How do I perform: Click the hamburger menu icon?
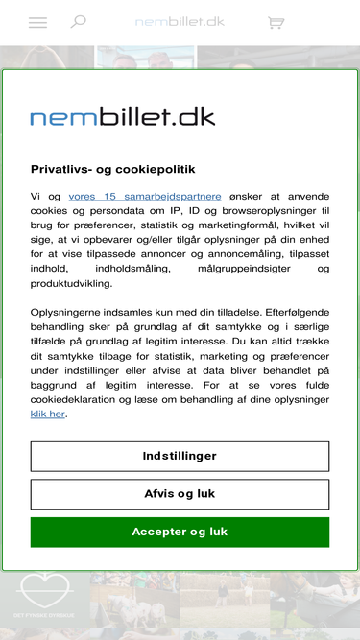[x=37, y=22]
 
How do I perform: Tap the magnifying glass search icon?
[x=78, y=21]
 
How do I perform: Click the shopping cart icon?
[x=276, y=22]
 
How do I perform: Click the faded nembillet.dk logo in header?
[x=180, y=21]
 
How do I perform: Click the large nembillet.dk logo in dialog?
[x=123, y=117]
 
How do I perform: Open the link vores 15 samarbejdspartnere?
[x=144, y=196]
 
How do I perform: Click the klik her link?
[x=48, y=414]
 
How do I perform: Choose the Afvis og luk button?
[x=180, y=494]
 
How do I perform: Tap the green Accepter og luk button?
[x=180, y=532]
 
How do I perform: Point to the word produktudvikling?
[x=71, y=283]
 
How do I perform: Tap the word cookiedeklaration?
[x=77, y=399]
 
